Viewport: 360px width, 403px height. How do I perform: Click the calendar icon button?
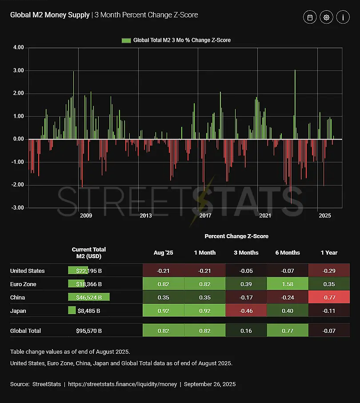point(310,17)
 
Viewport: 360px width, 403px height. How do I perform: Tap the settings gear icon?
point(326,17)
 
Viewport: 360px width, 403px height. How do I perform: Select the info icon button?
point(343,17)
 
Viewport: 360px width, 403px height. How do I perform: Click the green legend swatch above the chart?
point(126,40)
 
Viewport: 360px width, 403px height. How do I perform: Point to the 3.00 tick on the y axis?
point(18,71)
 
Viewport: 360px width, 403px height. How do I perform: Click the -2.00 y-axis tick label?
point(17,185)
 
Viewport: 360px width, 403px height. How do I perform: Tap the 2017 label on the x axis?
point(205,216)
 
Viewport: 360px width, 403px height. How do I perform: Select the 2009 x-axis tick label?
point(86,216)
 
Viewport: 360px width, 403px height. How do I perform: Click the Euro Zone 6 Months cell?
point(287,284)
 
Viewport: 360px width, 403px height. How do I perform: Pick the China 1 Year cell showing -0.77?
point(329,297)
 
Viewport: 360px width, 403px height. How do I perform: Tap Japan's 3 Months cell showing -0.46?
point(246,311)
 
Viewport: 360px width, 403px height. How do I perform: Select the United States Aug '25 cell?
point(163,271)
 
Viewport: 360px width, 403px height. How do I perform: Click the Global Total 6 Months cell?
point(287,331)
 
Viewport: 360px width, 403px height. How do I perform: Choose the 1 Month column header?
point(204,253)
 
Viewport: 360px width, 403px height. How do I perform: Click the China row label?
point(18,297)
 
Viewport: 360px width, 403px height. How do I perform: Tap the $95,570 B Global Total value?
point(89,331)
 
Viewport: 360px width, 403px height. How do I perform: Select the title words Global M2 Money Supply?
point(50,15)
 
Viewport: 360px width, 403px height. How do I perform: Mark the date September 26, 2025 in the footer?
point(209,384)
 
